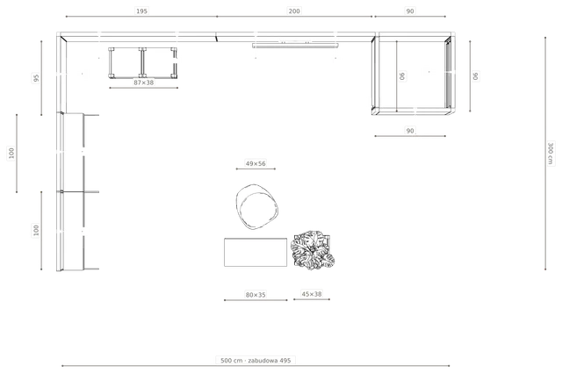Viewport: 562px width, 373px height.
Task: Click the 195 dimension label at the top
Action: (141, 11)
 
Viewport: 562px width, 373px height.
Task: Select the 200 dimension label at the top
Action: (294, 11)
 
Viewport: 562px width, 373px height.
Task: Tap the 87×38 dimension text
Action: (144, 82)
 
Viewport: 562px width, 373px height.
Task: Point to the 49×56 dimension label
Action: (256, 163)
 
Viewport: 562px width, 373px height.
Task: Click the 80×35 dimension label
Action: (256, 295)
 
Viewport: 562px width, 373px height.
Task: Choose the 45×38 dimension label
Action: (312, 294)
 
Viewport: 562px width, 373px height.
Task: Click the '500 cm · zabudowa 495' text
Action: (256, 360)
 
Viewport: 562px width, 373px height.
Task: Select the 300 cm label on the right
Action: (551, 154)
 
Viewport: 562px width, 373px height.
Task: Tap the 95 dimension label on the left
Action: (36, 78)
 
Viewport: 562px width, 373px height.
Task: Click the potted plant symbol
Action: (313, 250)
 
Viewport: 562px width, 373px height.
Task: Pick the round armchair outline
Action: (257, 207)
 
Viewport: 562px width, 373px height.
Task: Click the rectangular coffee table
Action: (256, 252)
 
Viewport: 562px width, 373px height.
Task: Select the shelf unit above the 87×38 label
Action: (142, 62)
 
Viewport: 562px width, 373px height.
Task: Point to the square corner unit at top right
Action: (412, 74)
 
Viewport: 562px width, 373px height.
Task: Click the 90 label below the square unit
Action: (410, 131)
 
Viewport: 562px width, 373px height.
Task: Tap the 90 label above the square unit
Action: (410, 11)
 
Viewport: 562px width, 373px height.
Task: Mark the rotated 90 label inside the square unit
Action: (402, 76)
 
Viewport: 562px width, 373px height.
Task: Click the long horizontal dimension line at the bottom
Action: (256, 366)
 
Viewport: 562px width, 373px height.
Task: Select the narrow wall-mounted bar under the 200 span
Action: (295, 46)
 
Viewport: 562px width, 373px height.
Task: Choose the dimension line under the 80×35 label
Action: (256, 300)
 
